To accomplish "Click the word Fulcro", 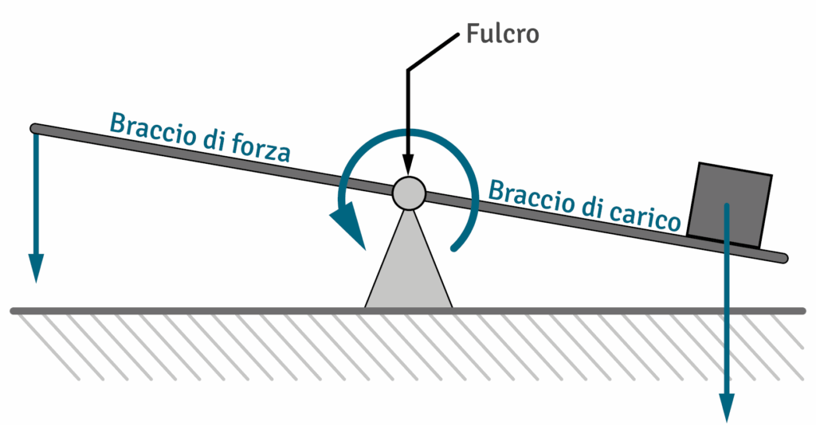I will pos(501,34).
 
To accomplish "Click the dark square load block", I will pos(730,203).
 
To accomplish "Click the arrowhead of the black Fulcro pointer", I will pos(407,167).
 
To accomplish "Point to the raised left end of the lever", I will pos(35,128).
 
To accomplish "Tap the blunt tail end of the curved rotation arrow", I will pos(455,248).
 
